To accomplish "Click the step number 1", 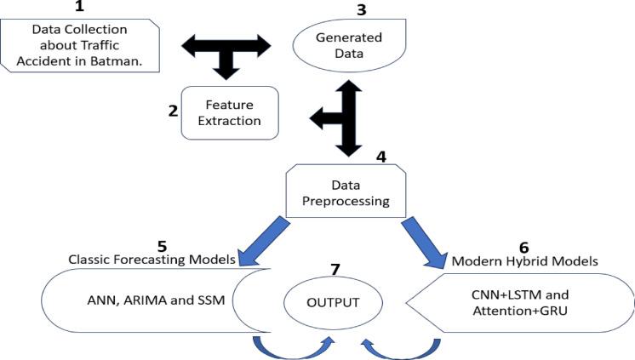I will tap(80, 7).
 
